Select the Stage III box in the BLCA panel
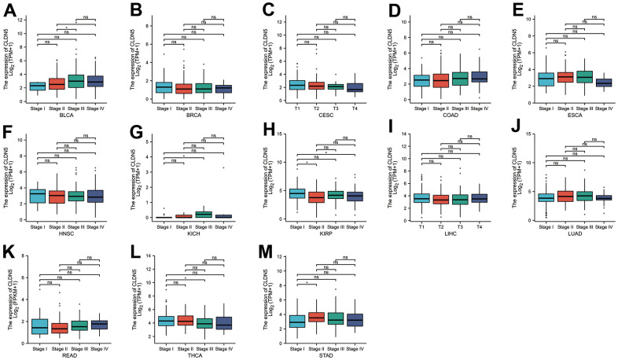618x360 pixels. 76,81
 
